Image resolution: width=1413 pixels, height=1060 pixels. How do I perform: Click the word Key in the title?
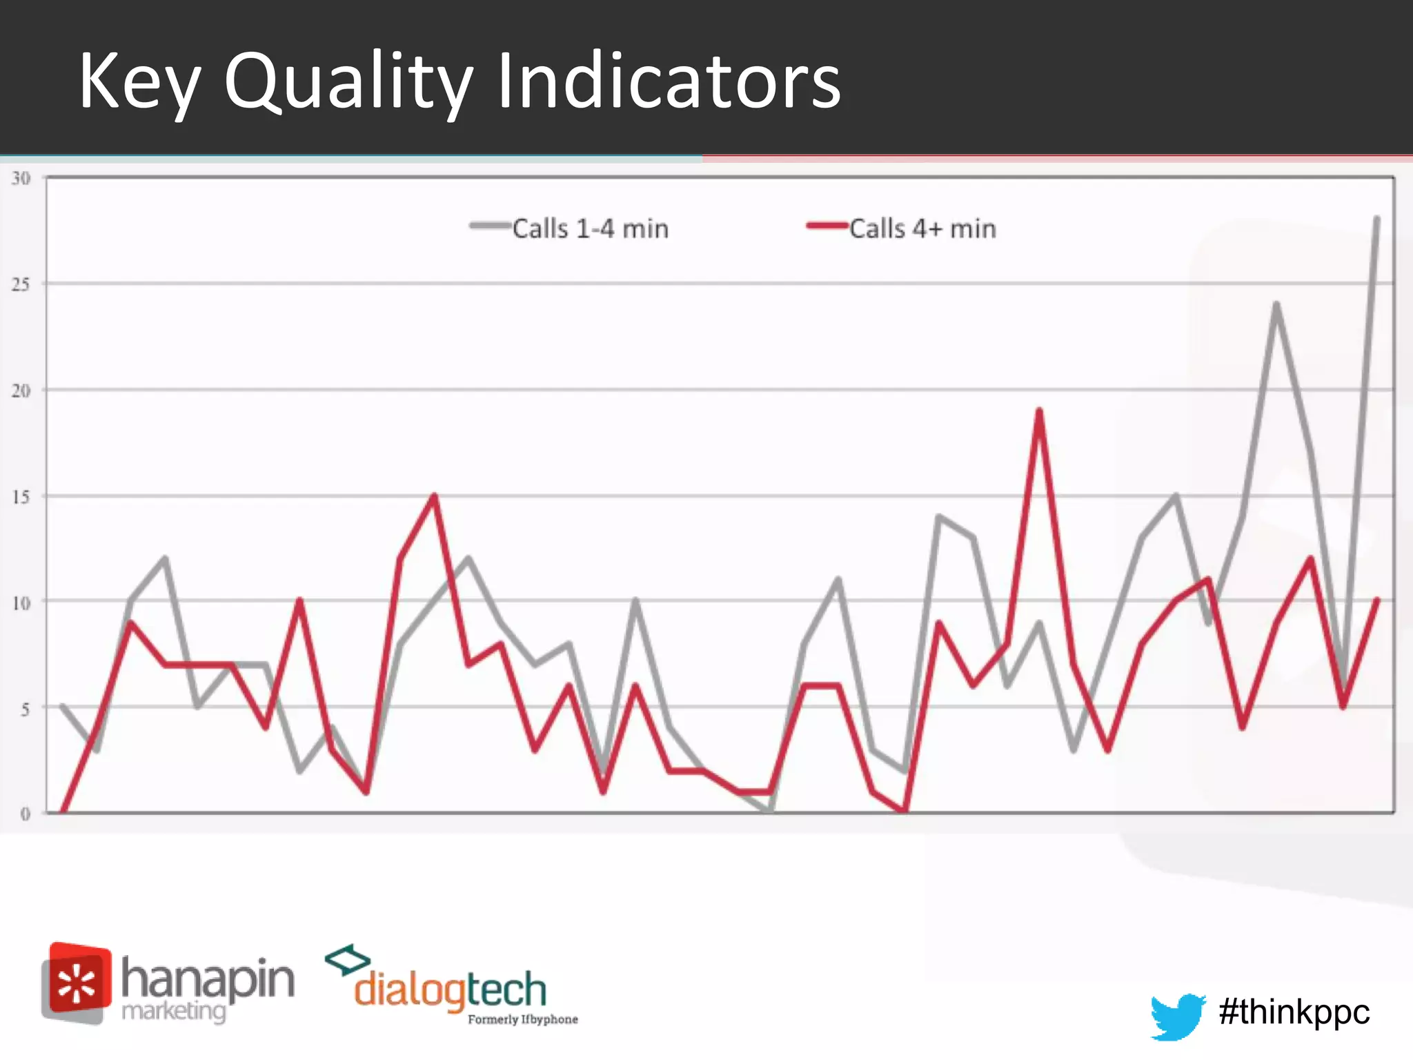(139, 82)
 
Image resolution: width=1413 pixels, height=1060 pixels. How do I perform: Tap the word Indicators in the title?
(668, 82)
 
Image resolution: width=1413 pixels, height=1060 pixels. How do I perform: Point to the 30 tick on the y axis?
(21, 179)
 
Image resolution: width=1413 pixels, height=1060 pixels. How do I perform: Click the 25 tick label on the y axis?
(21, 284)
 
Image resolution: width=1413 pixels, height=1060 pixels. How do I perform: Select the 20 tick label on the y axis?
(21, 391)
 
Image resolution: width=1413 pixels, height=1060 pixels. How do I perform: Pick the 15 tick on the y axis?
(21, 497)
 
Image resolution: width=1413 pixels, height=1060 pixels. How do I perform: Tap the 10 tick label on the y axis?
(21, 603)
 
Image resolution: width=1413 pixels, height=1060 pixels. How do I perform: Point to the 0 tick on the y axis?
(25, 814)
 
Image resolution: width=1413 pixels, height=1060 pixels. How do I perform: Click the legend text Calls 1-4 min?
(590, 228)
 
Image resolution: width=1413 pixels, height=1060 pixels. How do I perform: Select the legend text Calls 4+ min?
(922, 228)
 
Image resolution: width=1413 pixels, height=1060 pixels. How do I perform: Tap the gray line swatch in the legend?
(490, 226)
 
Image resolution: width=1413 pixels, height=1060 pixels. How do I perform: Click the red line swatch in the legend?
(827, 226)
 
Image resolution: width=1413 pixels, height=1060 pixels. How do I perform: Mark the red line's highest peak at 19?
(1039, 411)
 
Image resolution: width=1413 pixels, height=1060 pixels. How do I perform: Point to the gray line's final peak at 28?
(1376, 219)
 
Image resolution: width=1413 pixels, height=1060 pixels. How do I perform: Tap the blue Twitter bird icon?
(1178, 1015)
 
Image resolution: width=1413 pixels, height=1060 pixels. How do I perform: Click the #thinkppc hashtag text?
(1294, 1012)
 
